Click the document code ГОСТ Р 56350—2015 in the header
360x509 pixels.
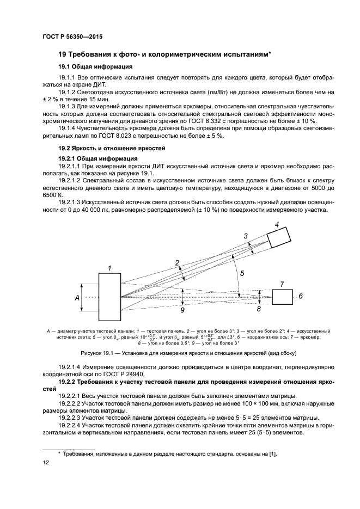[x=72, y=36]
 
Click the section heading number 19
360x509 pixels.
[x=62, y=54]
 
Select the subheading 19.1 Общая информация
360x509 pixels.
[x=95, y=66]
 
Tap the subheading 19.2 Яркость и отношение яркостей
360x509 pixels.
[x=112, y=148]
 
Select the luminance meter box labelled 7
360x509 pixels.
[x=282, y=297]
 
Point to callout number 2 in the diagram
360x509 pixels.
[x=177, y=263]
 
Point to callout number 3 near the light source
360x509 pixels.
[x=246, y=236]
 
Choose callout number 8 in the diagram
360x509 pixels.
[x=259, y=309]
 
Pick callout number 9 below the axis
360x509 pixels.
[x=182, y=310]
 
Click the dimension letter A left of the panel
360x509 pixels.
[x=77, y=298]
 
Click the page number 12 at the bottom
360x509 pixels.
[x=46, y=462]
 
